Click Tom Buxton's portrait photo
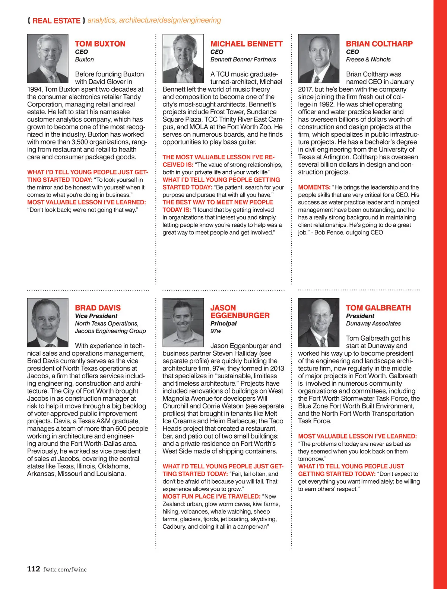tap(48, 58)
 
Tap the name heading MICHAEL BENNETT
tap(246, 44)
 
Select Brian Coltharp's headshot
tap(318, 58)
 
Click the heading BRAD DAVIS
tap(98, 308)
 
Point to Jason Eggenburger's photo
tap(183, 322)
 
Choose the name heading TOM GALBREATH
tap(378, 308)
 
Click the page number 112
tap(34, 569)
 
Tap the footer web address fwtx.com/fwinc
tap(65, 569)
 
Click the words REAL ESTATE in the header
tap(56, 21)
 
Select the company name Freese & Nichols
tap(368, 60)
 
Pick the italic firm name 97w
tap(216, 331)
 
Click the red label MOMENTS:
tap(314, 187)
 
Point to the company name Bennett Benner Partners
tap(243, 60)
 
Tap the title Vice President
tap(96, 316)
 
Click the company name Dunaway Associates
tap(373, 324)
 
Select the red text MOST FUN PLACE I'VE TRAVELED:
tap(211, 496)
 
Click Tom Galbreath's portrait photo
tap(318, 322)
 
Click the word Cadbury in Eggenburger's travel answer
tap(174, 526)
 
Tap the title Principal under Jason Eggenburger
tap(223, 323)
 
